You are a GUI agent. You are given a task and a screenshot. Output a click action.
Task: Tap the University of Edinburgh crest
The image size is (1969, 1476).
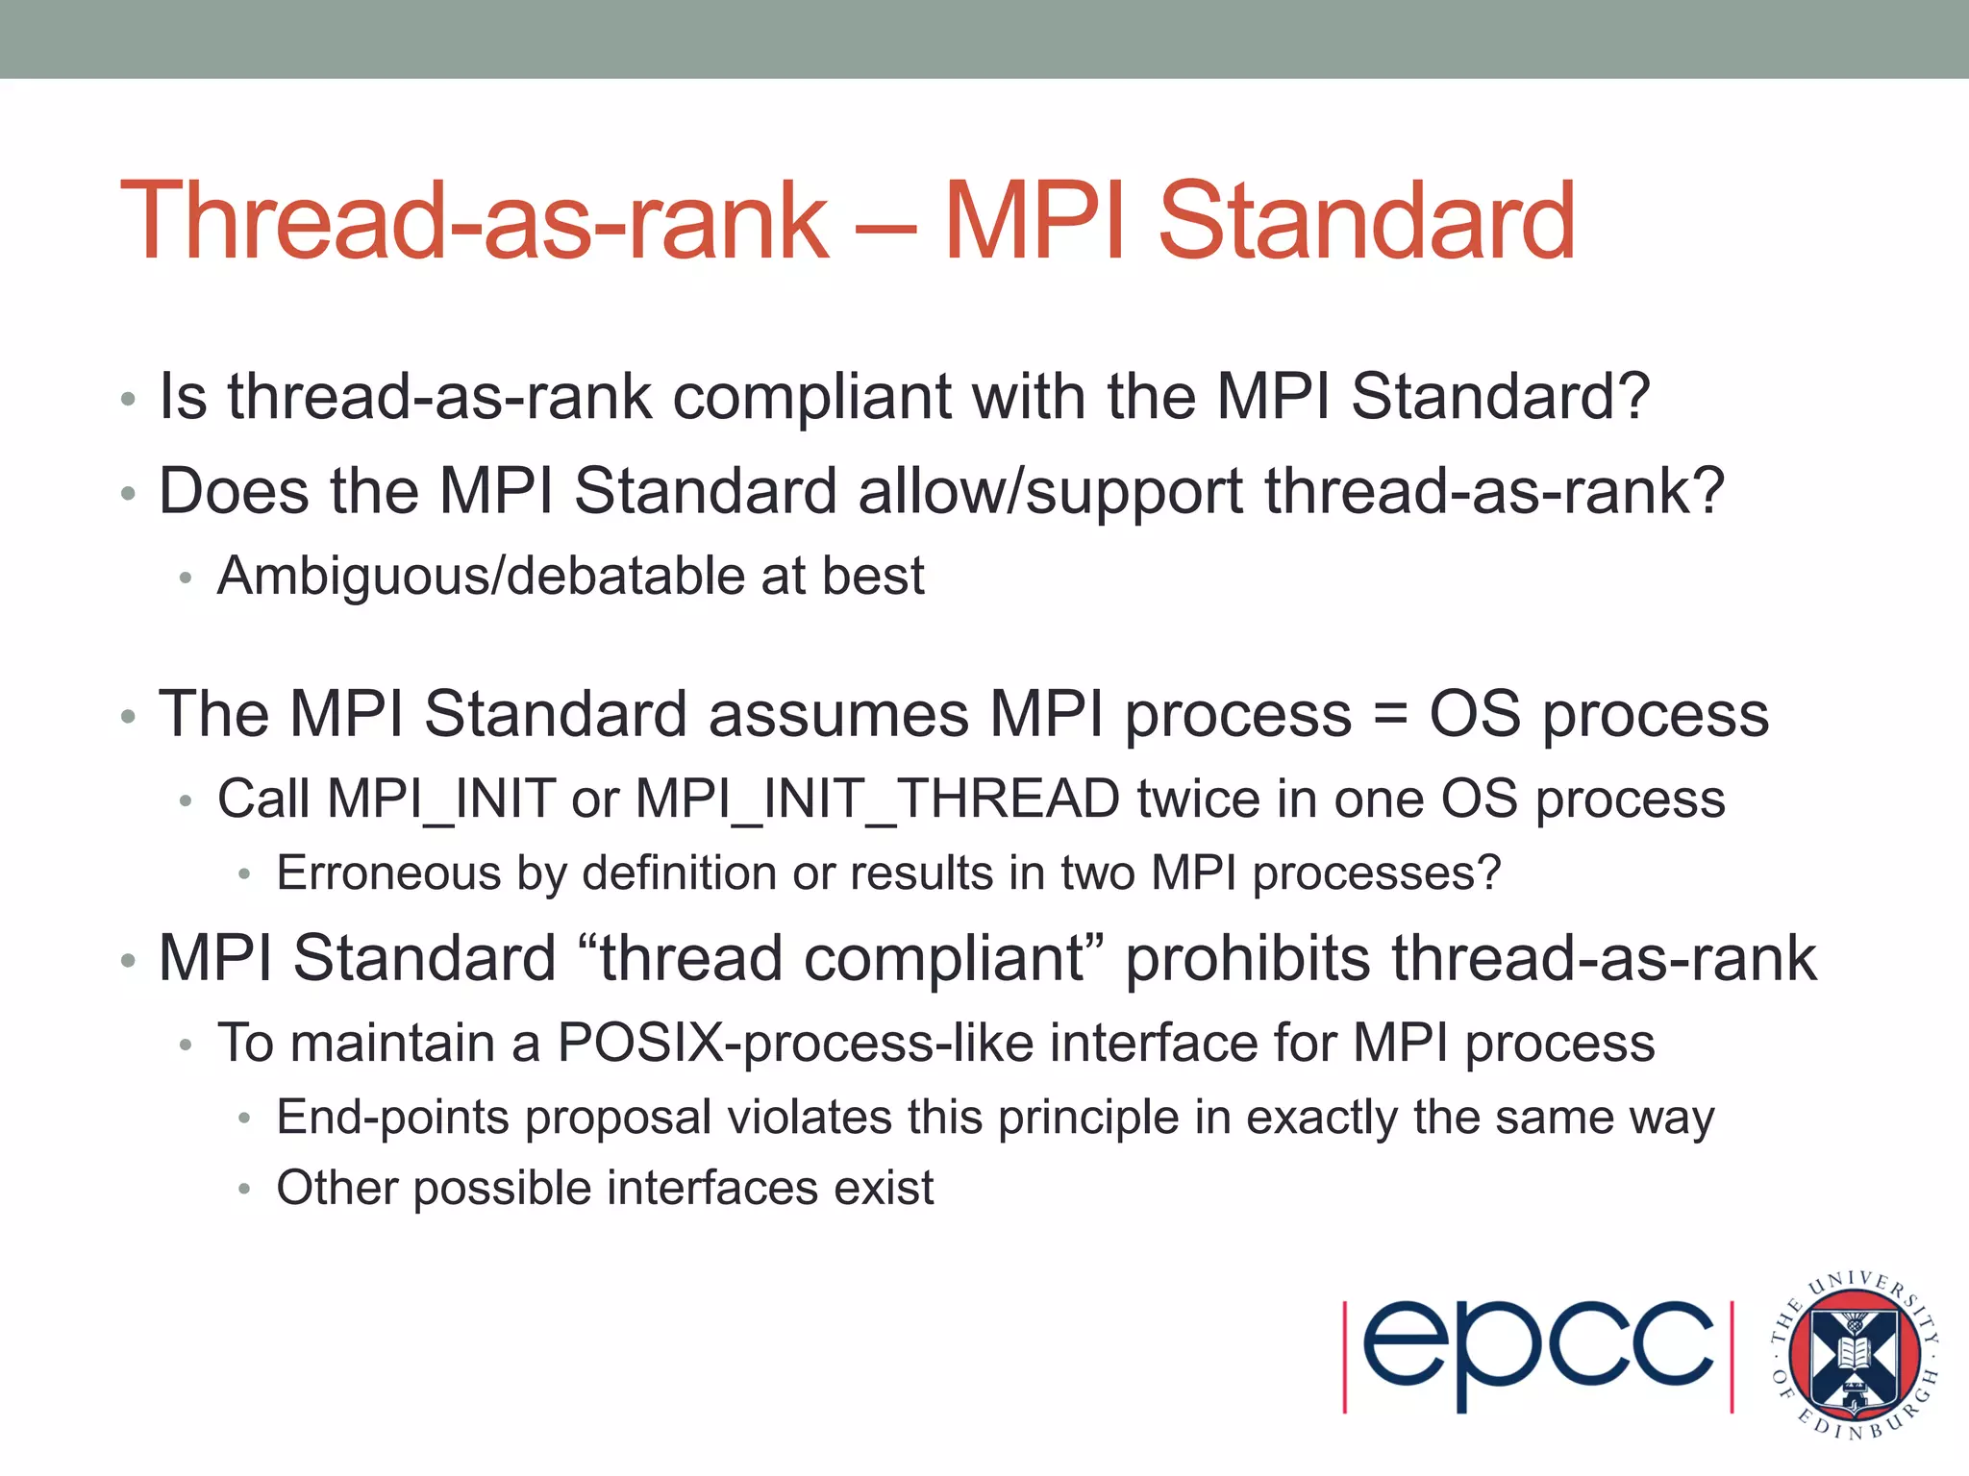tap(1854, 1355)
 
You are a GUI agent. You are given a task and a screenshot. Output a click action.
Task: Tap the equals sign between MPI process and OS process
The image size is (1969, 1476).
tap(1390, 715)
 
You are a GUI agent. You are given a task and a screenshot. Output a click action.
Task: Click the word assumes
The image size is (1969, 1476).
tap(838, 715)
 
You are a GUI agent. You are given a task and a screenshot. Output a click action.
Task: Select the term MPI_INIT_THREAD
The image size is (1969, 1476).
tap(877, 799)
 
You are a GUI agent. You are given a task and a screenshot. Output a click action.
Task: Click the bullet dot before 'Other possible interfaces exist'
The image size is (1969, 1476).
tap(244, 1190)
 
